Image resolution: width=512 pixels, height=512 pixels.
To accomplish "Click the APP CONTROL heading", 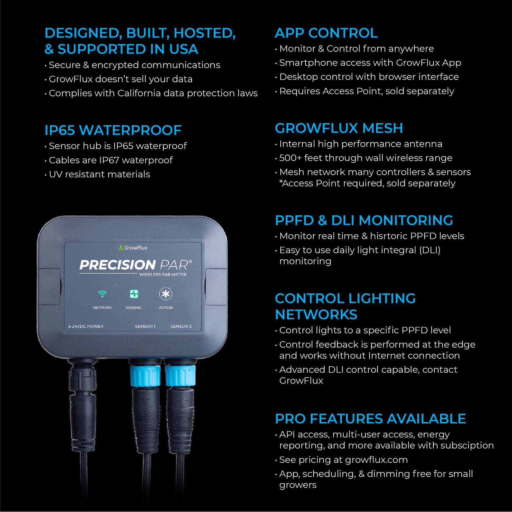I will point(326,33).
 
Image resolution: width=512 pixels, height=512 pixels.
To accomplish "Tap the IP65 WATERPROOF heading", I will point(113,130).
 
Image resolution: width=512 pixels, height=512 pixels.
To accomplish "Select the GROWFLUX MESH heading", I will point(339,128).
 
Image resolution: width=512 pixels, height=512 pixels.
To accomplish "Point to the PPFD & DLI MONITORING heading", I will point(364,220).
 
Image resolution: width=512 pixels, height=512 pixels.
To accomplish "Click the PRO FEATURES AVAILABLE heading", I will point(370,418).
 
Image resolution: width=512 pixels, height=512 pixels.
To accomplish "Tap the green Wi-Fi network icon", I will point(102,294).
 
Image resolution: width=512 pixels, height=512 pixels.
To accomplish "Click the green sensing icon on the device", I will point(134,294).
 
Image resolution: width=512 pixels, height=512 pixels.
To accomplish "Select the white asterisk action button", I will point(165,294).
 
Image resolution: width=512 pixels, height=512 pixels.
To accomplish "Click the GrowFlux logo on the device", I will point(133,248).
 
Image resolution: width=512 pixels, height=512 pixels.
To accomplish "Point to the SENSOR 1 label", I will point(145,326).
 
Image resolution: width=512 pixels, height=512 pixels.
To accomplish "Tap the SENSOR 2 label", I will point(181,326).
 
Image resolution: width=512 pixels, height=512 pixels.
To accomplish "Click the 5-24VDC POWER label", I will point(86,326).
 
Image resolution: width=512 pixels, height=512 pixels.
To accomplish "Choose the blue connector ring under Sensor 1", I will point(145,375).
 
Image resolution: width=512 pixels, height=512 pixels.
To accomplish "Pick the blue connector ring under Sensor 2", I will point(180,375).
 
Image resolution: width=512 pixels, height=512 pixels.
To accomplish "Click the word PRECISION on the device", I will point(117,265).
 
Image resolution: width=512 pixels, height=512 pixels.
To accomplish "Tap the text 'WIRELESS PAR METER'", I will point(163,275).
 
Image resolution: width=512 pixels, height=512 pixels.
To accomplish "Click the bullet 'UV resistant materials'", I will point(99,174).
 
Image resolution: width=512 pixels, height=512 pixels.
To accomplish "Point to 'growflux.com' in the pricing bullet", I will point(376,460).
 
